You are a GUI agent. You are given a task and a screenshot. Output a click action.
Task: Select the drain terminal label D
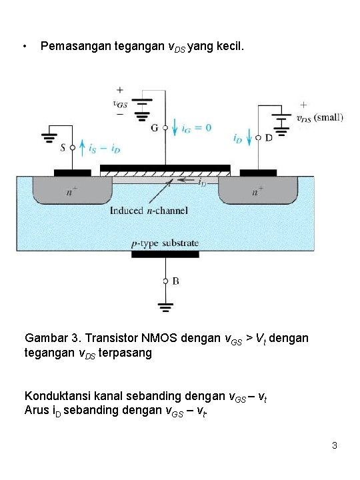pyautogui.click(x=268, y=139)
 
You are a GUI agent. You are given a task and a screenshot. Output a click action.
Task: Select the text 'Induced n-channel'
pyautogui.click(x=149, y=211)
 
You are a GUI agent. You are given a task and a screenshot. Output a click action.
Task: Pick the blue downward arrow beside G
pyautogui.click(x=175, y=126)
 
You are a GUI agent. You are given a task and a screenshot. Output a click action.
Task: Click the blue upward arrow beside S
pyautogui.click(x=81, y=147)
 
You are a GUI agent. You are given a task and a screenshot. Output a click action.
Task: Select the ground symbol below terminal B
pyautogui.click(x=165, y=307)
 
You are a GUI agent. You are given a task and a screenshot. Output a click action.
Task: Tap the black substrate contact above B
pyautogui.click(x=165, y=254)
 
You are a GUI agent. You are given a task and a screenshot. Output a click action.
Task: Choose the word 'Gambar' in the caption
pyautogui.click(x=45, y=338)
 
